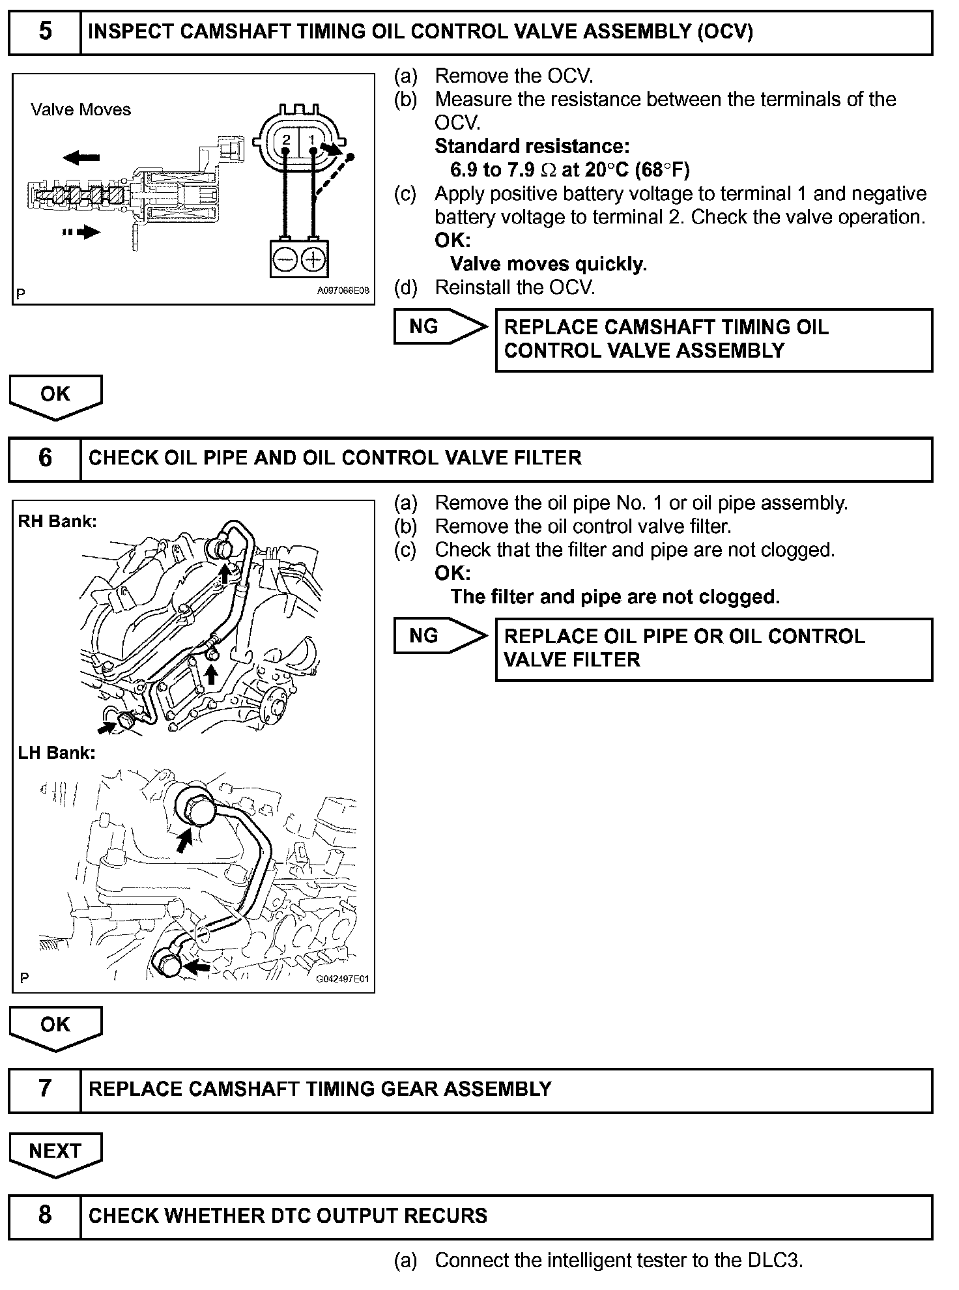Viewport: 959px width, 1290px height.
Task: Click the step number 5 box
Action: [45, 31]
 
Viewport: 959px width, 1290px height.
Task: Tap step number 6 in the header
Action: [45, 458]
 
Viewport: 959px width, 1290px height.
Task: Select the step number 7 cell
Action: [45, 1089]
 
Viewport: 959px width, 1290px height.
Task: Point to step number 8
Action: [45, 1215]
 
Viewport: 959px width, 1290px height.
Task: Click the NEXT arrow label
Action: [55, 1152]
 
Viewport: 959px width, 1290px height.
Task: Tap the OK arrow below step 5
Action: [55, 395]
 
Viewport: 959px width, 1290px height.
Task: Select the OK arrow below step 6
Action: [55, 1025]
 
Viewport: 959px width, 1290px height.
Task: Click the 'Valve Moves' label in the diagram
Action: [81, 109]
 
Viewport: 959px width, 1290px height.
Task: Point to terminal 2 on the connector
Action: [286, 140]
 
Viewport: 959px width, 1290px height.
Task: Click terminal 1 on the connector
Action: [312, 140]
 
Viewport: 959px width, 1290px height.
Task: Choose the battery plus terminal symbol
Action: [313, 260]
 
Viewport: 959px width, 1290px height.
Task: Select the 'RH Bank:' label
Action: [57, 521]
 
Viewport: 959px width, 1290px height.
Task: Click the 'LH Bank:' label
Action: [57, 753]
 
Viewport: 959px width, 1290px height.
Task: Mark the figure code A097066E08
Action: [343, 291]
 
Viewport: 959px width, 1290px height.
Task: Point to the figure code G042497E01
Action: [342, 979]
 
